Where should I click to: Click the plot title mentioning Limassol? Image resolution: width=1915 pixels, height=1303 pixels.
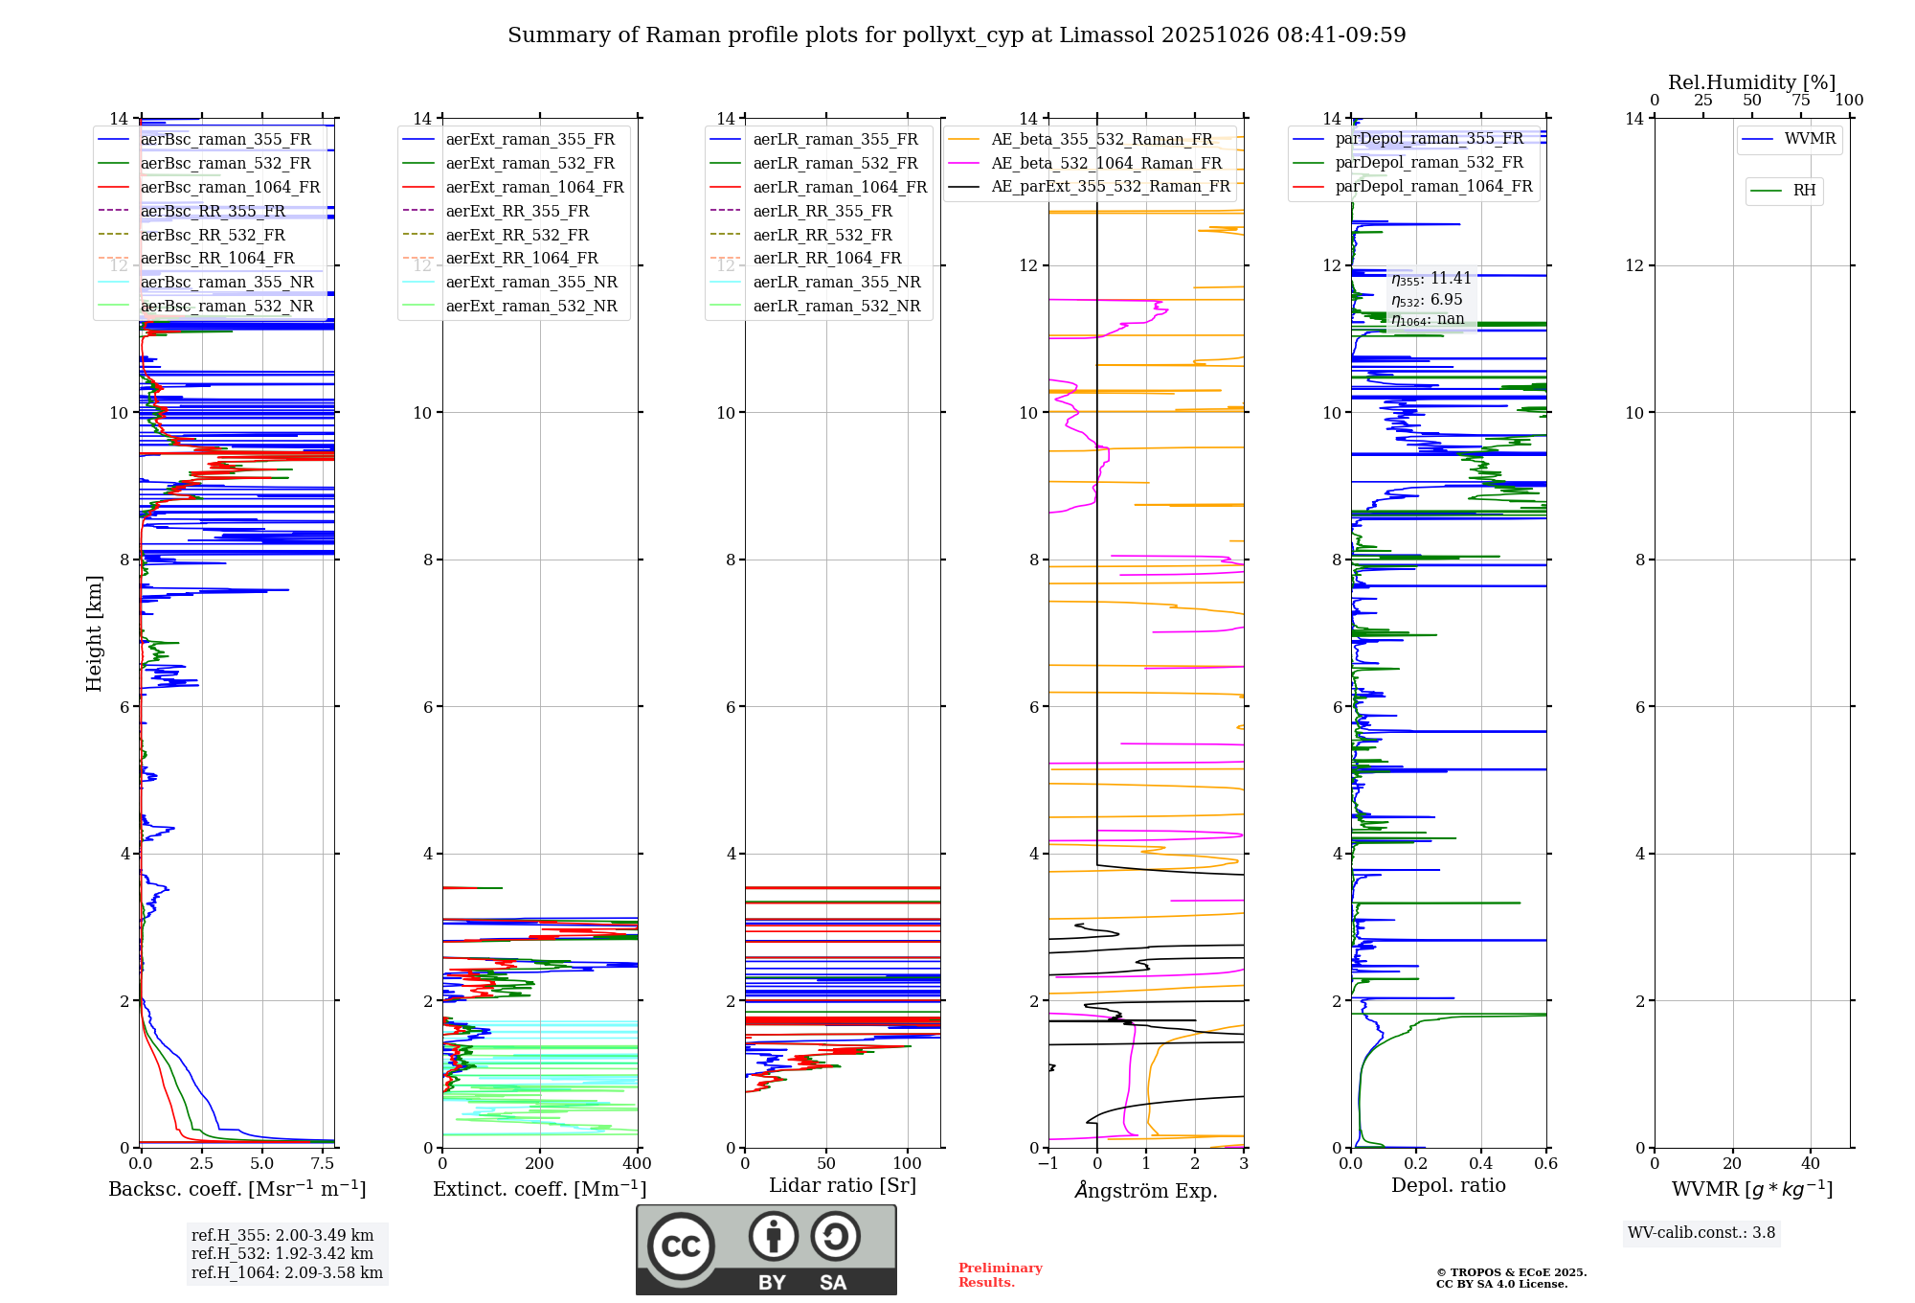pyautogui.click(x=957, y=35)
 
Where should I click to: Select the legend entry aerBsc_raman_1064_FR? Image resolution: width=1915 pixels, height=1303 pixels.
pyautogui.click(x=230, y=187)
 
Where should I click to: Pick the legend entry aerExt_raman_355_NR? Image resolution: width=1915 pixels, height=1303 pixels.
pyautogui.click(x=531, y=282)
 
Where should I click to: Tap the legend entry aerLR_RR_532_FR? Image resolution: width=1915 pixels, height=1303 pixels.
pyautogui.click(x=822, y=235)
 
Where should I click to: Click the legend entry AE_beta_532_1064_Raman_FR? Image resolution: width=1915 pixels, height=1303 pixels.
pyautogui.click(x=1106, y=163)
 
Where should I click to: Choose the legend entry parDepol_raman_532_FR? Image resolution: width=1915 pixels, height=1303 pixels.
pyautogui.click(x=1429, y=162)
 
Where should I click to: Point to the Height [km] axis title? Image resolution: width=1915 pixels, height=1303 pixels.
pyautogui.click(x=94, y=632)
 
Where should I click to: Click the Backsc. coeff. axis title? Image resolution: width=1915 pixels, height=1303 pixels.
pyautogui.click(x=237, y=1189)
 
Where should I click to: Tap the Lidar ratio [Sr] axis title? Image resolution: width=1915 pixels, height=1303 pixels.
pyautogui.click(x=843, y=1185)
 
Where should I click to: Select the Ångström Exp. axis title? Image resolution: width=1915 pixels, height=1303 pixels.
pyautogui.click(x=1146, y=1191)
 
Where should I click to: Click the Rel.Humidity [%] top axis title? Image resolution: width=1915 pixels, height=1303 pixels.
pyautogui.click(x=1751, y=82)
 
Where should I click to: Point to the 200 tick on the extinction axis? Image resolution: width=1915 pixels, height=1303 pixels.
pyautogui.click(x=540, y=1163)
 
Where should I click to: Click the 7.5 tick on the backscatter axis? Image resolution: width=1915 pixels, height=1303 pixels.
pyautogui.click(x=323, y=1163)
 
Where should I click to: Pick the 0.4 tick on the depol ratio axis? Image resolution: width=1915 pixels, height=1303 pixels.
pyautogui.click(x=1481, y=1163)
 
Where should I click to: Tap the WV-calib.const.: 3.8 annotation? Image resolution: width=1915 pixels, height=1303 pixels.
pyautogui.click(x=1701, y=1233)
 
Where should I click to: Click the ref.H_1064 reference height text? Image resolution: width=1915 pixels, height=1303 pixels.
pyautogui.click(x=287, y=1273)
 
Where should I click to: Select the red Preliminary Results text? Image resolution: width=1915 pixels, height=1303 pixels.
pyautogui.click(x=1000, y=1274)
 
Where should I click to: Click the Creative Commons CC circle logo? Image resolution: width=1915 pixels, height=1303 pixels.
pyautogui.click(x=681, y=1246)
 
